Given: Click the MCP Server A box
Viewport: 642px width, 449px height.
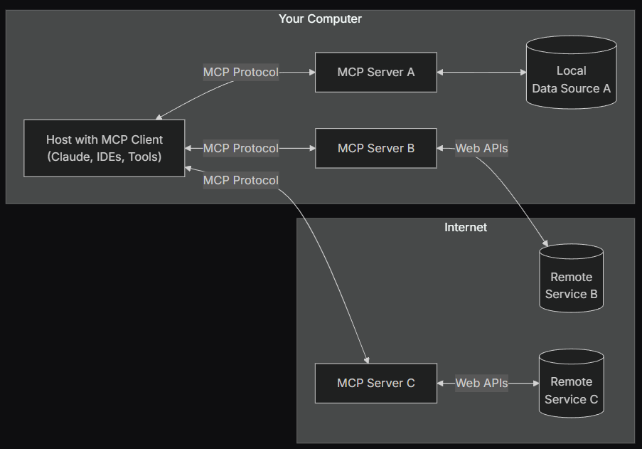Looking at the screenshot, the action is tap(376, 72).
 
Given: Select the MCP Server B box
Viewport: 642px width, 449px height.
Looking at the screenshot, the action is tap(376, 148).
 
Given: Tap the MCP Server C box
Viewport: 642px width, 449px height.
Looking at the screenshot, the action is tap(376, 383).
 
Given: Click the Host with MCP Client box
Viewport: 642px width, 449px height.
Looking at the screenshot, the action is tap(105, 148).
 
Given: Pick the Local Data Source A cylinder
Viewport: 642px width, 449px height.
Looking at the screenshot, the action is tap(571, 73).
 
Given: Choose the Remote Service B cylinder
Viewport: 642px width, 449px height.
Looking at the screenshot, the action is tap(571, 278).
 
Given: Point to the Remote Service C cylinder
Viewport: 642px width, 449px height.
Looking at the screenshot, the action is tap(571, 384).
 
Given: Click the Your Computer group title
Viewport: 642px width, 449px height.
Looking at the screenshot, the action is tap(320, 19).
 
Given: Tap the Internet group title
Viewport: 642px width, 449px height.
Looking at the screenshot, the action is tap(466, 228).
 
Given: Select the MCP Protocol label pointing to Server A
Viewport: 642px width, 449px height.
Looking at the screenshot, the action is tap(241, 72).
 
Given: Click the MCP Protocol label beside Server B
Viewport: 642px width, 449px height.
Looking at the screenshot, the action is tap(241, 148).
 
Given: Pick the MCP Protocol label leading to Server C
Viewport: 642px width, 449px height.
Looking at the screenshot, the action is tap(241, 180).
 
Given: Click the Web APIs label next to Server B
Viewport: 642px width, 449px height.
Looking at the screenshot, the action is tap(481, 148).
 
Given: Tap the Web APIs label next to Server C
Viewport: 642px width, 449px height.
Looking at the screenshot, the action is tap(481, 383).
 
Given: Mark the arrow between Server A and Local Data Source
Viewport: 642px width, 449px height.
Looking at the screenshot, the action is tap(481, 72).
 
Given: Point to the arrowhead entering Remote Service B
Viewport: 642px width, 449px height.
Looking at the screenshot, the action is tap(545, 243).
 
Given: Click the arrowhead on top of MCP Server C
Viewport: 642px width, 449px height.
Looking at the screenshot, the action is tap(367, 360).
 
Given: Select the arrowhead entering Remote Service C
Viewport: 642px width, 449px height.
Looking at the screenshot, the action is tap(536, 383).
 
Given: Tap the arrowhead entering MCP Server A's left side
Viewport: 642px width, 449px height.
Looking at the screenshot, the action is tap(312, 72).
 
